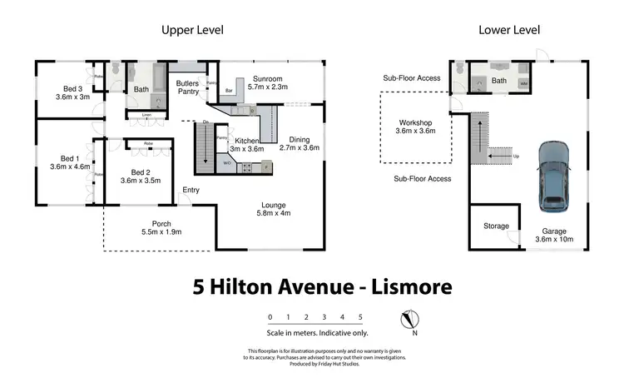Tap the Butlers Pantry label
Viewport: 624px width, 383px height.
pyautogui.click(x=187, y=87)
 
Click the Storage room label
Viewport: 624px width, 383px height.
pyautogui.click(x=496, y=226)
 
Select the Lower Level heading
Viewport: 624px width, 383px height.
pyautogui.click(x=509, y=30)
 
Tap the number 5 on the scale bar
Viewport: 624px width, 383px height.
pyautogui.click(x=360, y=317)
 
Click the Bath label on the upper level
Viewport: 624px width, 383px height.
pyautogui.click(x=141, y=89)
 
